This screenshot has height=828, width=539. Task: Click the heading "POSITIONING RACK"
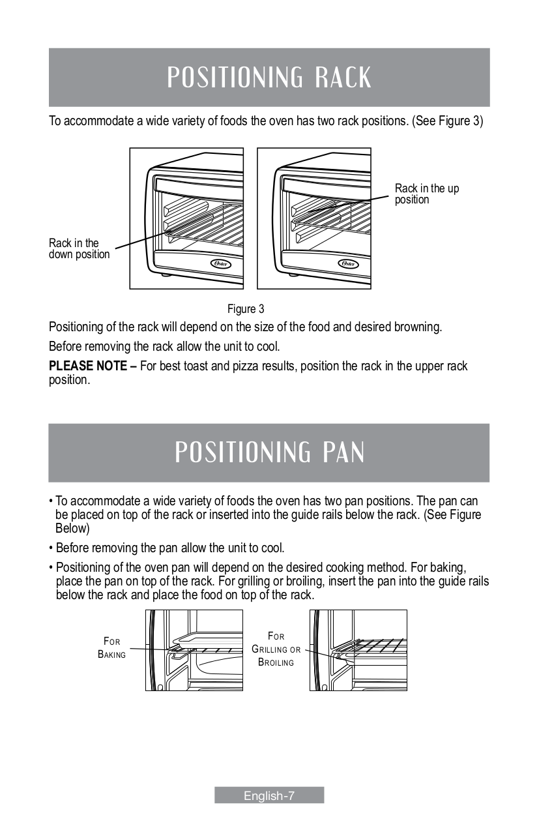(x=269, y=78)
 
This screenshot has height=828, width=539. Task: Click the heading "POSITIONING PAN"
(x=269, y=452)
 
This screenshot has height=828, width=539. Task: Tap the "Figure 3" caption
(x=245, y=308)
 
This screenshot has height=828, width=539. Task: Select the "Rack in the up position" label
(x=426, y=194)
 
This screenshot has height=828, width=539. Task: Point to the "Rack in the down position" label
(x=79, y=249)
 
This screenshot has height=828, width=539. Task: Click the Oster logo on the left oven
(x=222, y=264)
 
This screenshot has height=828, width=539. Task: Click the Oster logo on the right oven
(x=349, y=264)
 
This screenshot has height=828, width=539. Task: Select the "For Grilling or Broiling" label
(x=276, y=649)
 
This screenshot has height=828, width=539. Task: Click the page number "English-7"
(x=269, y=795)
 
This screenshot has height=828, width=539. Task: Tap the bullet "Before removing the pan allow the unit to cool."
(x=169, y=547)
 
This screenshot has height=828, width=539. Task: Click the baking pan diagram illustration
(x=194, y=650)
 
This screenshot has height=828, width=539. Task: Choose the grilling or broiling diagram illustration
(x=358, y=650)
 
